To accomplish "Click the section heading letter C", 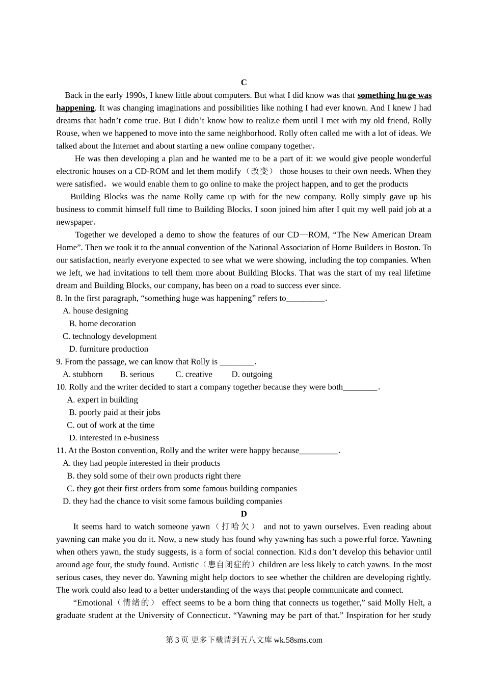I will [244, 83].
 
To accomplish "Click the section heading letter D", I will [244, 514].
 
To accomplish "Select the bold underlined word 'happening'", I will [75, 108].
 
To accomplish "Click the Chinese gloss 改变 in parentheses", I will [259, 171].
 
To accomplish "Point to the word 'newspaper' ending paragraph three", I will [75, 222].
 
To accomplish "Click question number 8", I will [59, 298].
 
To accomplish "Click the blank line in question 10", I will [360, 387].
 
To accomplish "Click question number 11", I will [61, 451].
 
